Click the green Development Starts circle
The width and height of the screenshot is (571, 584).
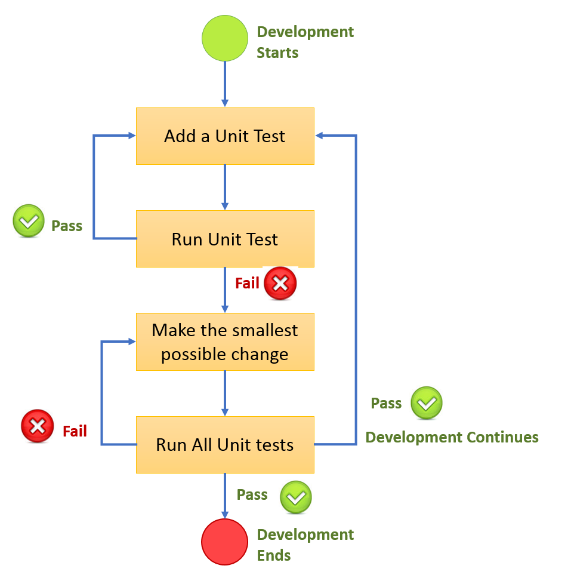point(224,38)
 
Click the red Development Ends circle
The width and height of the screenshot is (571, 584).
point(224,541)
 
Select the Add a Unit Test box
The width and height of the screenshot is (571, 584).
point(225,136)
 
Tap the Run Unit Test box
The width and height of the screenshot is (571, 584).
point(225,239)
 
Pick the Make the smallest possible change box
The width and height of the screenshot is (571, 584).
point(225,342)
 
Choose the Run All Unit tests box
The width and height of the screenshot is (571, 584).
point(225,444)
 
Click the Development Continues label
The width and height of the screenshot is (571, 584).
point(452,437)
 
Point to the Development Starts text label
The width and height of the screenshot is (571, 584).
point(305,42)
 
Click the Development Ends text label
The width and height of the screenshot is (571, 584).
point(305,545)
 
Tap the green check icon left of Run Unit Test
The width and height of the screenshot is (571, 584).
point(29,222)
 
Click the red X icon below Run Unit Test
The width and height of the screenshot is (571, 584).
point(280,284)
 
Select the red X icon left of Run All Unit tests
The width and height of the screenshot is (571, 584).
point(37,426)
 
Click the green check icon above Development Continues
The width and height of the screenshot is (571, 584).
point(427,403)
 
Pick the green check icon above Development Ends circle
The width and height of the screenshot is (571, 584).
point(296,497)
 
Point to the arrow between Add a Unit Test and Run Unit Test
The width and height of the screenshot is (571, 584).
point(225,186)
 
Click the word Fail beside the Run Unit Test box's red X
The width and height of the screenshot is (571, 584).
point(247,283)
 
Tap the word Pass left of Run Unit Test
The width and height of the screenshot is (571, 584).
point(67,226)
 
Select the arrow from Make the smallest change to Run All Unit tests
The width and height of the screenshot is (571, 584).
point(225,392)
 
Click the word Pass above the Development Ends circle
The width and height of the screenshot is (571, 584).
point(252,494)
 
